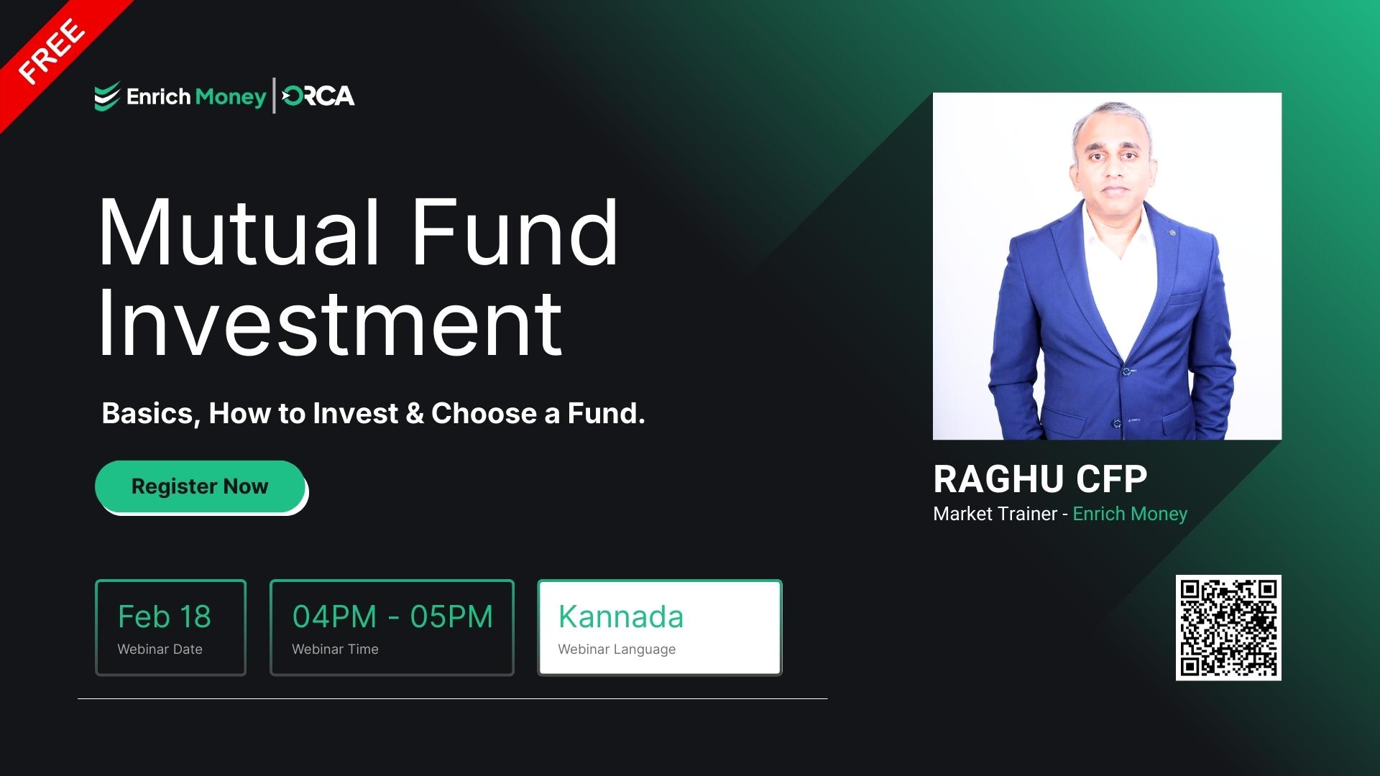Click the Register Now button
tap(200, 486)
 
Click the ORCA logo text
tap(318, 96)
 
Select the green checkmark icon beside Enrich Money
tap(107, 96)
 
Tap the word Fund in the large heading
tap(515, 233)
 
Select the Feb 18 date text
tap(165, 616)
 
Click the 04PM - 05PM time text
tap(392, 616)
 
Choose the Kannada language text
tap(621, 616)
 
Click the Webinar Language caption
tap(617, 649)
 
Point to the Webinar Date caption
tap(160, 649)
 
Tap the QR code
tap(1228, 627)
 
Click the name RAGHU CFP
tap(1039, 479)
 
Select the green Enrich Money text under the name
tap(1130, 514)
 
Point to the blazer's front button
tap(1127, 371)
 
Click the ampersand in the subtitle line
tap(415, 413)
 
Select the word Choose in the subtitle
tap(484, 413)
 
